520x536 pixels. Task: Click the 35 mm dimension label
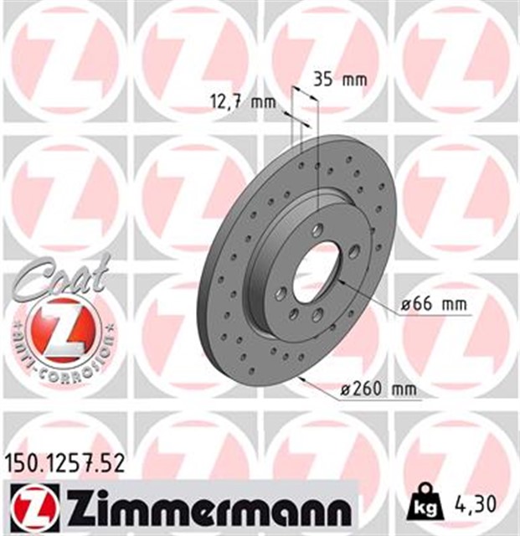pos(339,80)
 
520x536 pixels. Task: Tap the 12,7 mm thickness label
pos(242,103)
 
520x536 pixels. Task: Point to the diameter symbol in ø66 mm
pos(404,304)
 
